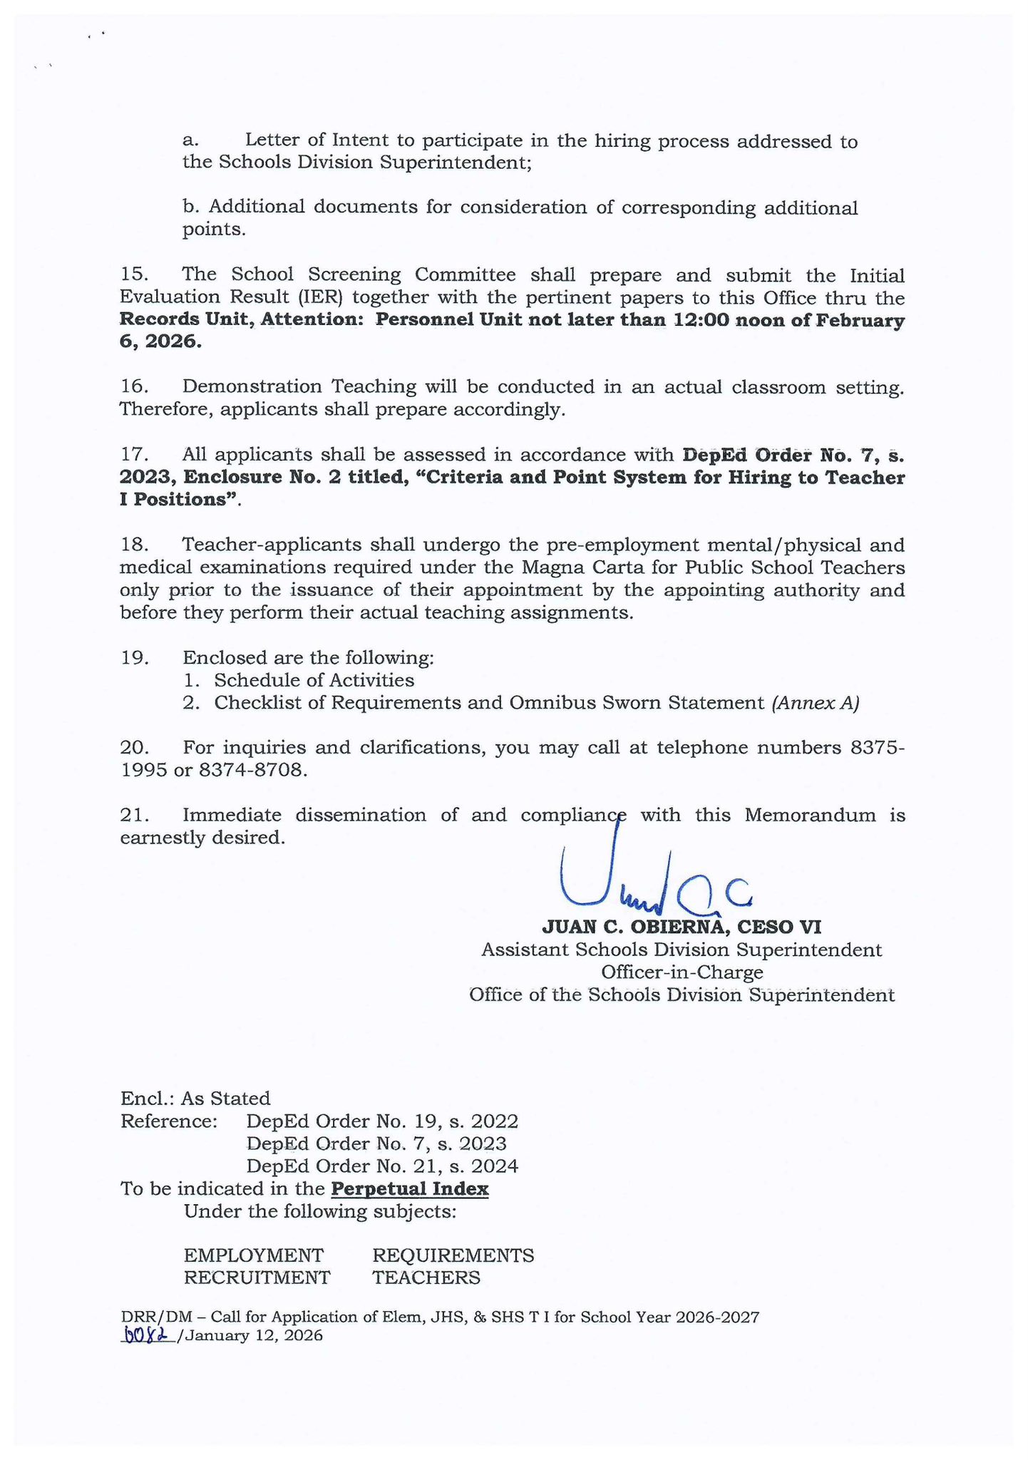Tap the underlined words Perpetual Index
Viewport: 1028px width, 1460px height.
click(410, 1189)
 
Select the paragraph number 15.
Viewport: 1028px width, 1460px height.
click(133, 275)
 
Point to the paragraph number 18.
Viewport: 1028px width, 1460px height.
click(133, 545)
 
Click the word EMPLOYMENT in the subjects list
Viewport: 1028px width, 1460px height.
click(253, 1255)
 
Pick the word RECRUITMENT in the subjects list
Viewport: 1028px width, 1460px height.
click(257, 1277)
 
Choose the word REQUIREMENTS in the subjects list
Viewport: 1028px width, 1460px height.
click(453, 1255)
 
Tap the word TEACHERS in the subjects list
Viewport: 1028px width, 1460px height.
click(426, 1277)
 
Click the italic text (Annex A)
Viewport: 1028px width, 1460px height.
click(814, 703)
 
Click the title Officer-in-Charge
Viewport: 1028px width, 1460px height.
click(682, 972)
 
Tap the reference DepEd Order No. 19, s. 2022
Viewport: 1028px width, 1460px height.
click(381, 1121)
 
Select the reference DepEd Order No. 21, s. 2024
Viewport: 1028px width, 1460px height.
click(381, 1166)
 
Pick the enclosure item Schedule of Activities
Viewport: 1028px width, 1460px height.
click(314, 680)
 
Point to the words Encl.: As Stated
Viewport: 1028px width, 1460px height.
click(195, 1098)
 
